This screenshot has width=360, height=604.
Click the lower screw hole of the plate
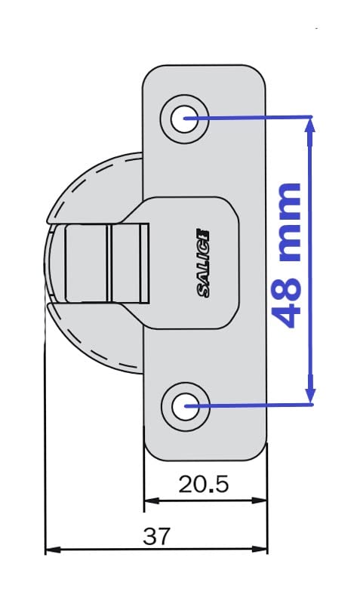[185, 406]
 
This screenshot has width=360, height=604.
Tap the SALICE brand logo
[204, 263]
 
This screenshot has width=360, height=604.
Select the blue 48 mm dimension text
[288, 255]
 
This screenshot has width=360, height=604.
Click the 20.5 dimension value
[204, 484]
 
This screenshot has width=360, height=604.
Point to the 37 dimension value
[156, 536]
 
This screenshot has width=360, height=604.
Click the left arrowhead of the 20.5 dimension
[152, 501]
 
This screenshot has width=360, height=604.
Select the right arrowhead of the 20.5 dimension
[259, 501]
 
